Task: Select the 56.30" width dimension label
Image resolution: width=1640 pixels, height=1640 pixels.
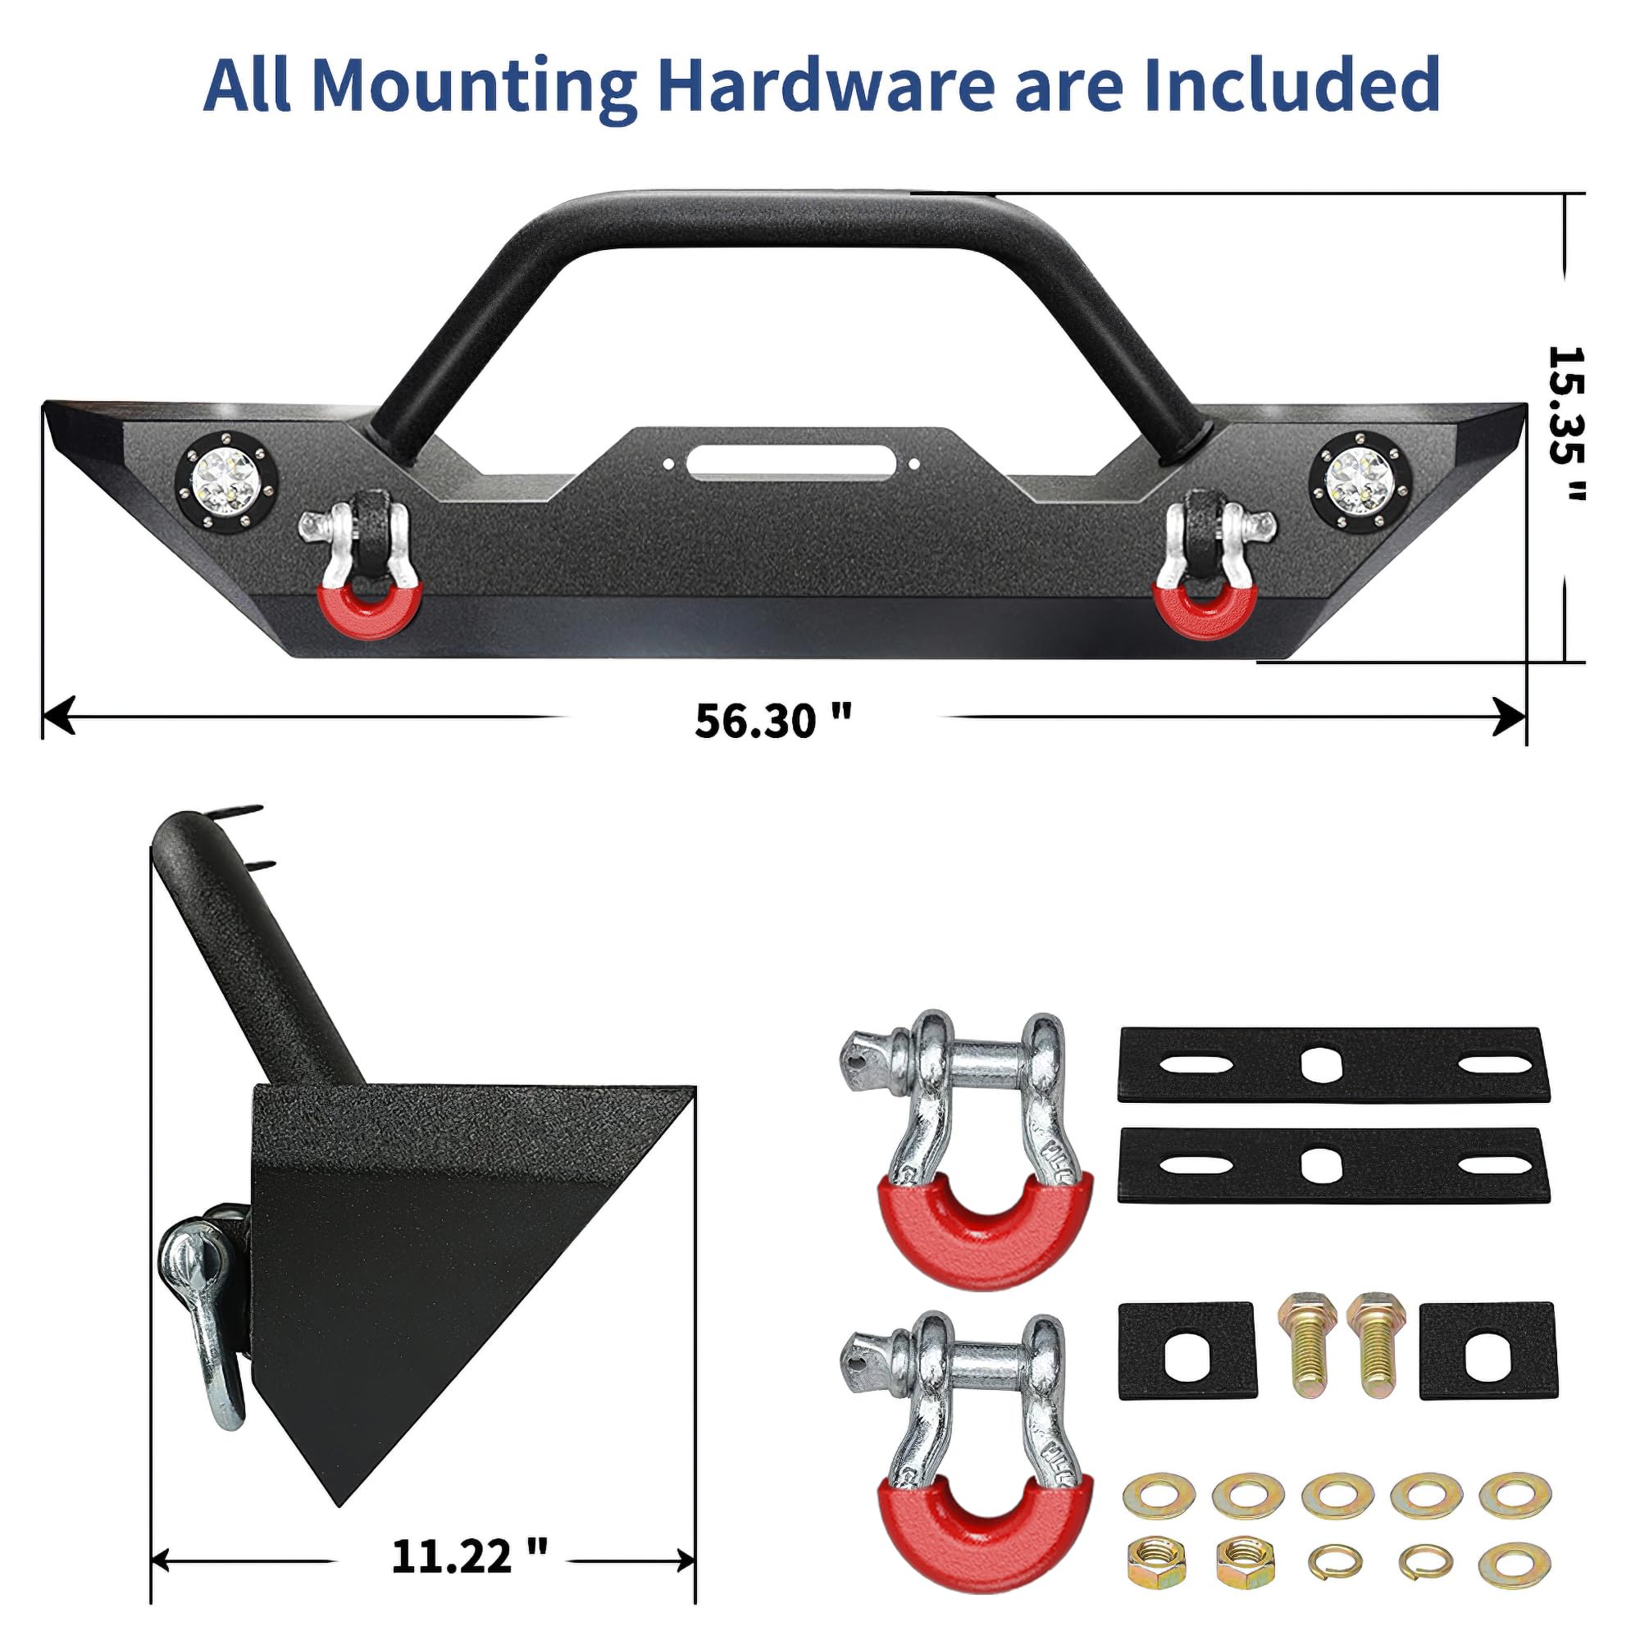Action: (x=772, y=721)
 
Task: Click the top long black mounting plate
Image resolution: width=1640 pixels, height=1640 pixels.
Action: (x=1332, y=1064)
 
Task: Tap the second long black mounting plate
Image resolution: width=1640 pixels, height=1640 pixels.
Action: (x=1332, y=1164)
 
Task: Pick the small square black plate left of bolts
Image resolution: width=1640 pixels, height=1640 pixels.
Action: (x=1186, y=1350)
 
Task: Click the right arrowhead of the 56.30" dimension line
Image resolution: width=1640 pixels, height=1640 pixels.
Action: (x=1510, y=717)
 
